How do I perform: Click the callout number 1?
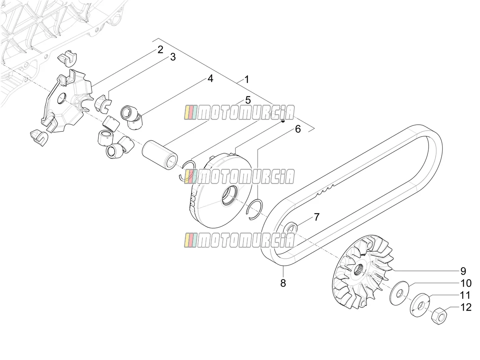[x=247, y=79]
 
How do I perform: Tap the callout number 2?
[x=160, y=50]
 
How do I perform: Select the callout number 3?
[x=173, y=57]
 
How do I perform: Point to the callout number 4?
[x=210, y=78]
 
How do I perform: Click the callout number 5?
[x=248, y=100]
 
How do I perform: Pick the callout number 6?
[x=298, y=129]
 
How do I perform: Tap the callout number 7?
[x=317, y=217]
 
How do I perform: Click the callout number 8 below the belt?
[x=283, y=283]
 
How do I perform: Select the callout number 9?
[x=463, y=271]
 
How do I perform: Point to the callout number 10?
[x=466, y=283]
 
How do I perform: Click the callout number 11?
[x=465, y=295]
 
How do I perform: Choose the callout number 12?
[x=466, y=307]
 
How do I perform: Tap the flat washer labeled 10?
[x=399, y=293]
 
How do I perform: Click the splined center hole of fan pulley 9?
[x=358, y=272]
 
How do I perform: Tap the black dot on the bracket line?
[x=283, y=121]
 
